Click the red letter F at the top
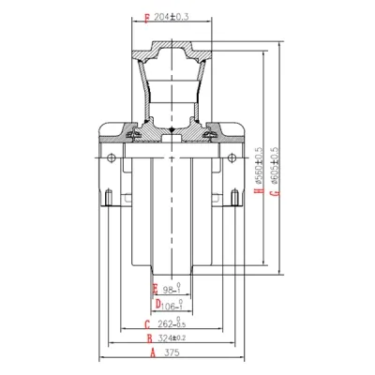click(x=147, y=18)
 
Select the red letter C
click(x=147, y=324)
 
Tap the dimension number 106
click(x=172, y=304)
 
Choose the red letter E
click(x=155, y=287)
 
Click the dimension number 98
click(x=171, y=288)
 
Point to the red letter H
click(x=257, y=194)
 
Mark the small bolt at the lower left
click(x=111, y=197)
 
